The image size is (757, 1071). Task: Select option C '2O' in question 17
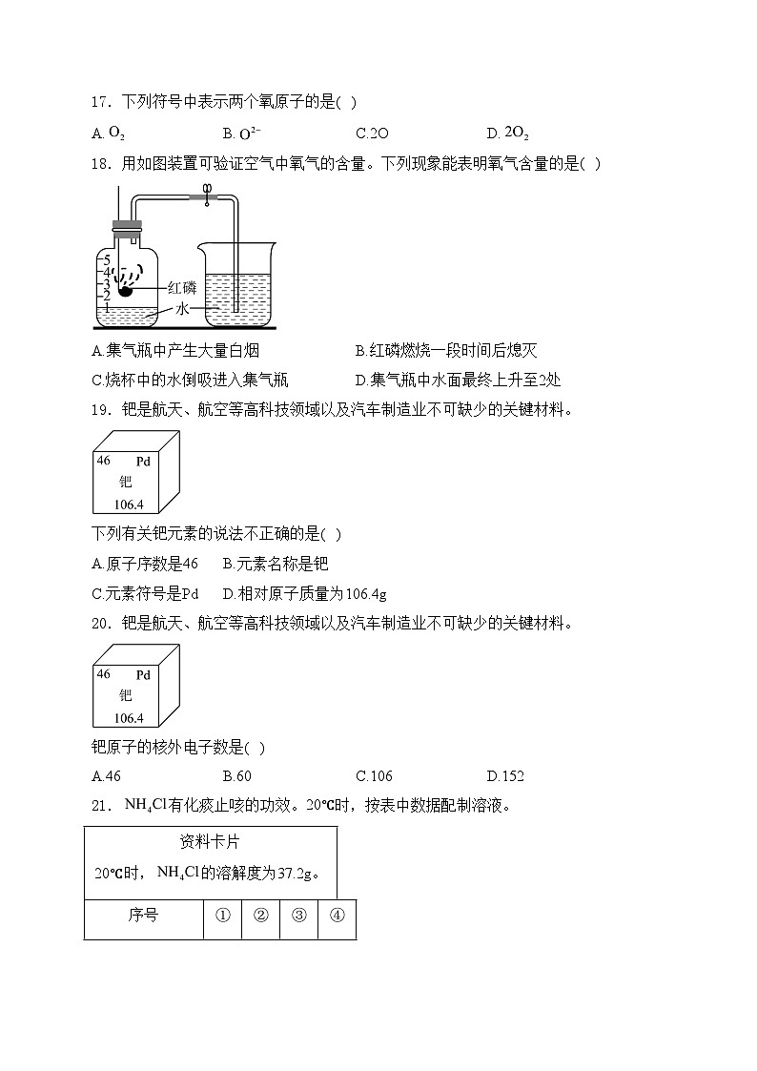pos(372,134)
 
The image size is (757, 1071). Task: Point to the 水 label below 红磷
pos(182,310)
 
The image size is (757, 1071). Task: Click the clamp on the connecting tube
pos(206,196)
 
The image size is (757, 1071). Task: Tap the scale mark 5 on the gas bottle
pos(108,259)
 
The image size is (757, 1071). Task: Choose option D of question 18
pos(458,380)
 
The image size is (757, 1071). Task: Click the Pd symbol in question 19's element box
pos(143,462)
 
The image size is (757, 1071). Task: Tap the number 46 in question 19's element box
pos(103,460)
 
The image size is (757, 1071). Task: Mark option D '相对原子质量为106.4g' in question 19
pos(304,594)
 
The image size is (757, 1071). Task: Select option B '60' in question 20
pos(237,776)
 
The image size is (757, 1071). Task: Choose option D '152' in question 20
pos(505,776)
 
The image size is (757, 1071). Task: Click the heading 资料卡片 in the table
pos(210,842)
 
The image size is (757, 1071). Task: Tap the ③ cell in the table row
pos(298,917)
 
